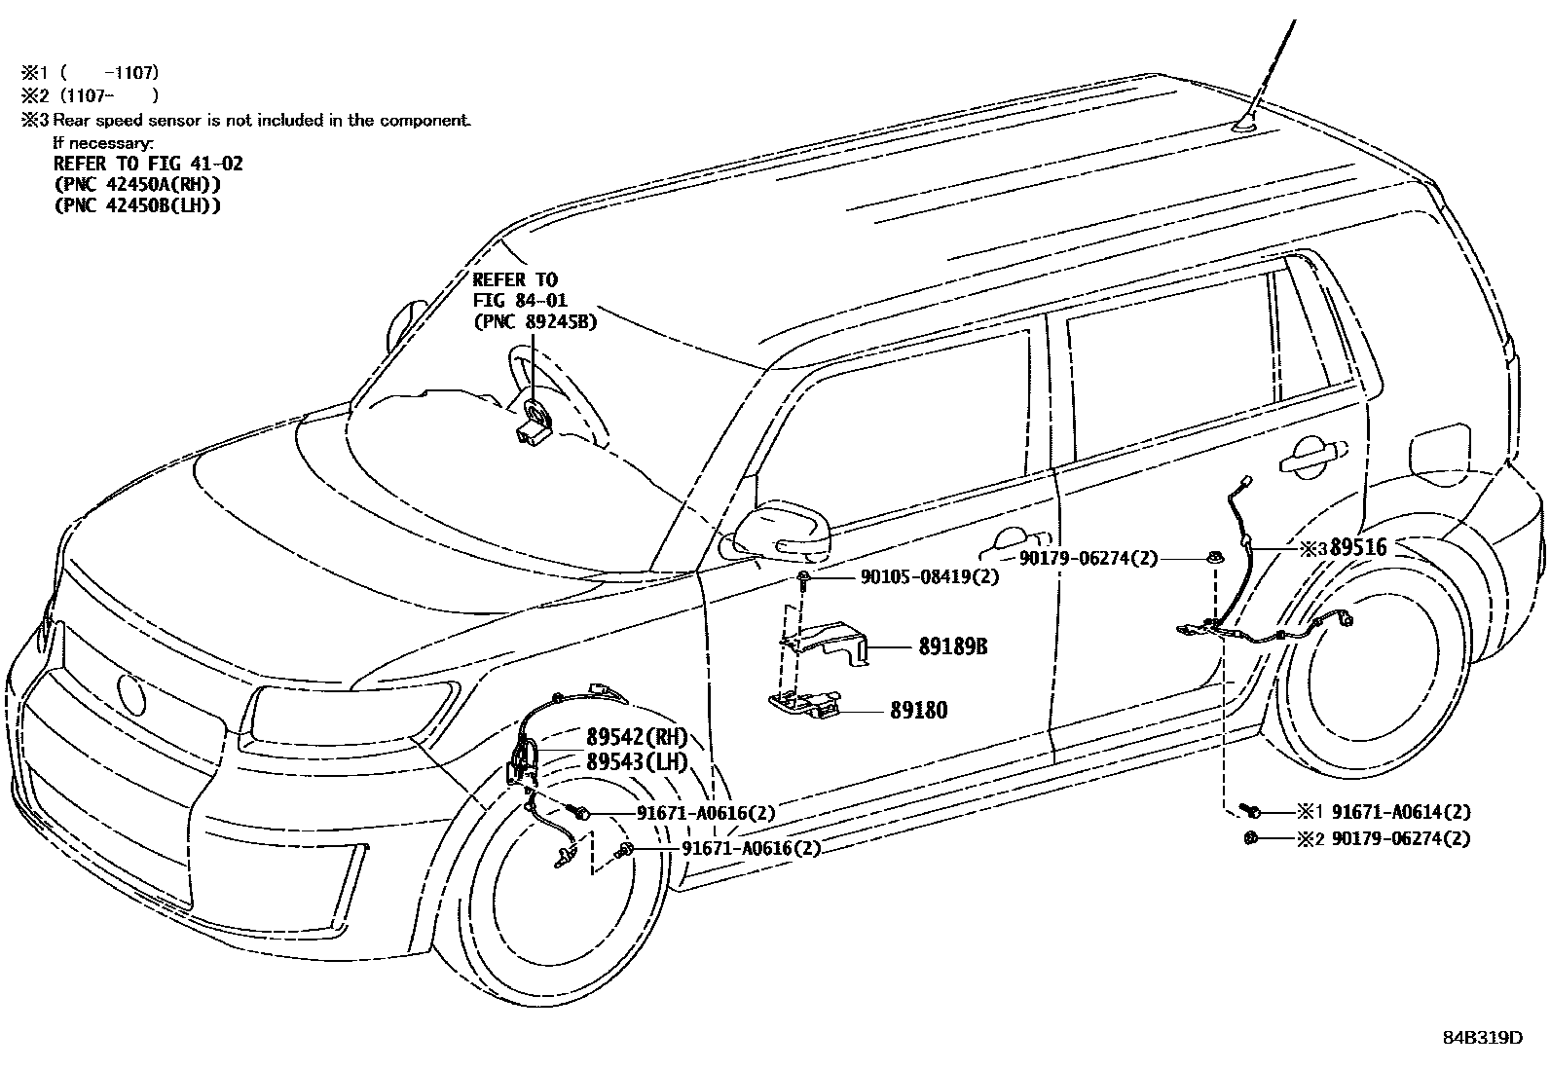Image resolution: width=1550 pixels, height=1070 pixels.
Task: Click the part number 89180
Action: coord(917,711)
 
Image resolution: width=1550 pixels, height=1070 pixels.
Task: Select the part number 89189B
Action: coord(952,646)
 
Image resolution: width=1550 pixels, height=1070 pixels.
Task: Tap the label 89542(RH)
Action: coord(637,736)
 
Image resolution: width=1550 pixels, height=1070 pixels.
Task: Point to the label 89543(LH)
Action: coord(637,762)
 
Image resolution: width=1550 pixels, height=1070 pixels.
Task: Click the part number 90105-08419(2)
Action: coord(930,577)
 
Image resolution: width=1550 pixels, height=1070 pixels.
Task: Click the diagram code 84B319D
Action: coord(1482,1038)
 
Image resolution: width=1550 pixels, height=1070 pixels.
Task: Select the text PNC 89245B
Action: coord(535,321)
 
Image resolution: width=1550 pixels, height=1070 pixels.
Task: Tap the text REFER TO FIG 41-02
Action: coord(148,164)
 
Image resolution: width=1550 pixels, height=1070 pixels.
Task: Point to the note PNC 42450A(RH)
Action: coord(137,185)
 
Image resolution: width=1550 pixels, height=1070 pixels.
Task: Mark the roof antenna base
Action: coord(1247,124)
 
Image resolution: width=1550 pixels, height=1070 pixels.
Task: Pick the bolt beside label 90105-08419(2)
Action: coord(804,579)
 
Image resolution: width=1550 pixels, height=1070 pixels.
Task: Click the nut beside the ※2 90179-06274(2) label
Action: coord(1251,838)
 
